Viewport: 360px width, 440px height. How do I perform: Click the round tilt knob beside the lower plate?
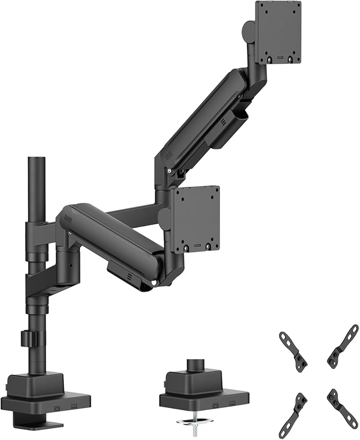click(165, 218)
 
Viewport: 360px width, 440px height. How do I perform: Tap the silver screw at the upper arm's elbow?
click(169, 171)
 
